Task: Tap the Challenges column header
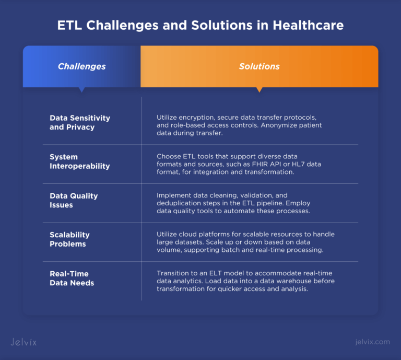pos(81,66)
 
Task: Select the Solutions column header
pos(259,66)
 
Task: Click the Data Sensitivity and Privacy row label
pos(80,122)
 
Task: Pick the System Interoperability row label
pos(80,161)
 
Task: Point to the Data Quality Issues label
pos(74,200)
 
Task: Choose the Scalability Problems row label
pos(70,239)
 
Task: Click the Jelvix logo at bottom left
pos(23,342)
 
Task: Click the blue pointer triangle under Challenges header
pos(82,90)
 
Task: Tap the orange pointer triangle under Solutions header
pos(260,90)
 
